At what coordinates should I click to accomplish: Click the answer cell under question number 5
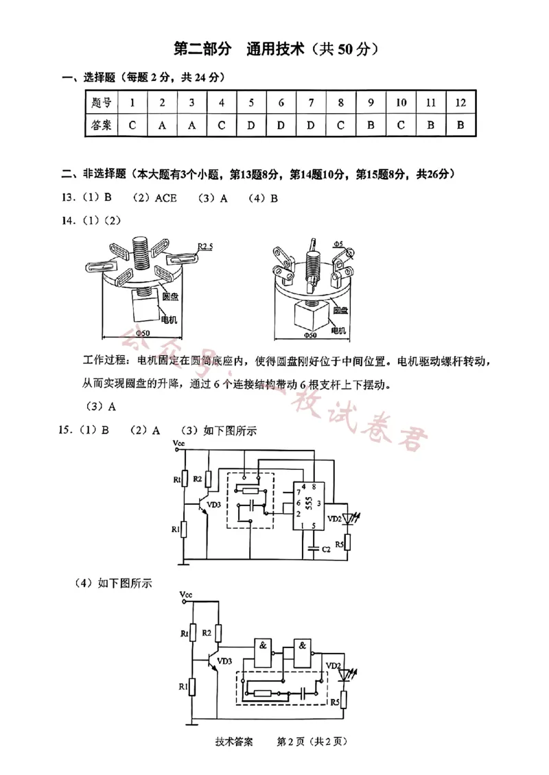251,126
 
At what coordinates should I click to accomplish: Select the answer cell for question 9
370,126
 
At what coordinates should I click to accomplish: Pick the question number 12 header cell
460,103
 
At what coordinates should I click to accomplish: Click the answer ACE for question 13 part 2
165,198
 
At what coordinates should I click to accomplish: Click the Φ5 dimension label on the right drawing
338,243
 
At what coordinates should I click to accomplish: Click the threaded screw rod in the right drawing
312,267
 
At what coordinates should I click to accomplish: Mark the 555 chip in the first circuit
307,506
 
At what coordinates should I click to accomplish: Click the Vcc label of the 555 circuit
179,444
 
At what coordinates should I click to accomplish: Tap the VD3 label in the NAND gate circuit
225,661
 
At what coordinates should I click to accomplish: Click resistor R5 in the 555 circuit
348,542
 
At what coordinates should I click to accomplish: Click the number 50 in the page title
347,49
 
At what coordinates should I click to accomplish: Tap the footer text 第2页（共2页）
313,741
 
